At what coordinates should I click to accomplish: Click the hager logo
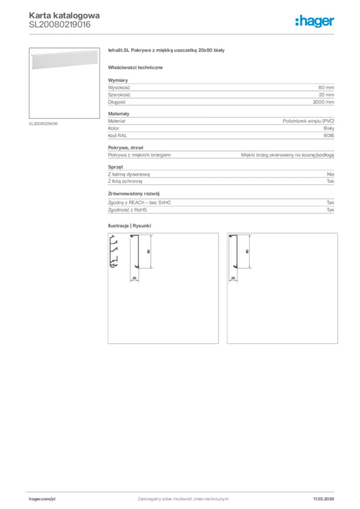(314, 20)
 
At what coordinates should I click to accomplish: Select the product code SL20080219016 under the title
(59, 24)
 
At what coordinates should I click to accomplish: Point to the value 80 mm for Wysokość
(326, 87)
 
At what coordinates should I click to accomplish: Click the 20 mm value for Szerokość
(326, 94)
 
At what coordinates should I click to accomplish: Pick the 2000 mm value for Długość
(323, 102)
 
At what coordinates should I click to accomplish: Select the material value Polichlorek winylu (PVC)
(308, 121)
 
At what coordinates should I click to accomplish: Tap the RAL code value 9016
(329, 135)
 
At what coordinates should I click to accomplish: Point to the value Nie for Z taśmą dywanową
(330, 174)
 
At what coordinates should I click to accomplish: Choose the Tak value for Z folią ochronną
(330, 181)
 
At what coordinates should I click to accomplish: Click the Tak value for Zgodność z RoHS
(330, 210)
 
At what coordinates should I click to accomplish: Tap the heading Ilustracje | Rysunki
(129, 226)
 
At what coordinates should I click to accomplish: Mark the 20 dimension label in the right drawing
(233, 278)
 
